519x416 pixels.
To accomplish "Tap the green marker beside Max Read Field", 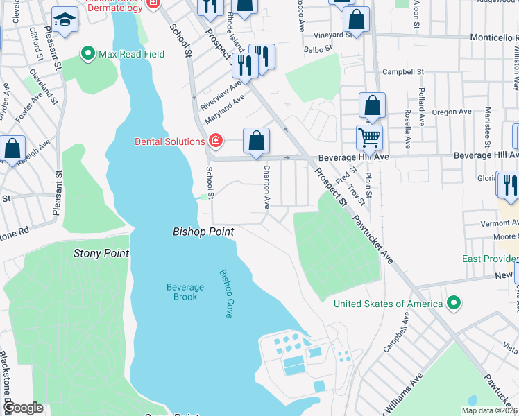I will point(88,53).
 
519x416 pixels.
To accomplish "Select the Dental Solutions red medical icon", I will point(215,141).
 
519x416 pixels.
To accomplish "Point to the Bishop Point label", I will point(203,232).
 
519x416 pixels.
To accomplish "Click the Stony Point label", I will point(101,253).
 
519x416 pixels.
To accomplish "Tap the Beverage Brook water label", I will point(185,292).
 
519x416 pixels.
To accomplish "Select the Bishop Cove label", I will point(226,293).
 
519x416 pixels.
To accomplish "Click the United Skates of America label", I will point(388,304).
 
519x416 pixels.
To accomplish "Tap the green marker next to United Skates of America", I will point(454,303).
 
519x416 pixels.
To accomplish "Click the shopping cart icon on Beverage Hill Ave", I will point(369,137).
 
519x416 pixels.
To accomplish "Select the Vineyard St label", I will point(327,35).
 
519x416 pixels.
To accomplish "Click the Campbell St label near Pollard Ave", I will point(403,71).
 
